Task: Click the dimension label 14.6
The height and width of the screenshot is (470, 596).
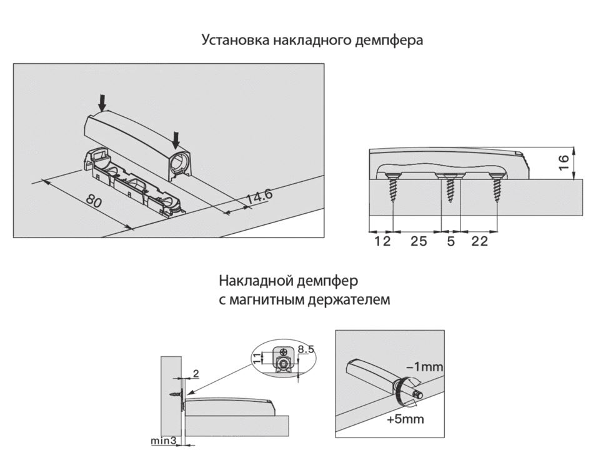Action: tap(259, 197)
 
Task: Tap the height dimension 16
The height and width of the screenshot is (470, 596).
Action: tap(563, 162)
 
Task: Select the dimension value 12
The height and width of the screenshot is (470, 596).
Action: tap(382, 241)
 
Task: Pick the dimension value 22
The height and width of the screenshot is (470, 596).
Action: tap(479, 241)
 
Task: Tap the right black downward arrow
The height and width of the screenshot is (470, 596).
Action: tap(177, 134)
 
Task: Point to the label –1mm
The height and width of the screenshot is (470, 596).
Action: tap(425, 367)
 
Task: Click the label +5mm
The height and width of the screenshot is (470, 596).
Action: tap(405, 419)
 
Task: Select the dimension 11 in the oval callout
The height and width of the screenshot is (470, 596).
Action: tap(256, 358)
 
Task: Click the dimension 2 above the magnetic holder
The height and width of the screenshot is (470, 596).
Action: tap(196, 374)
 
